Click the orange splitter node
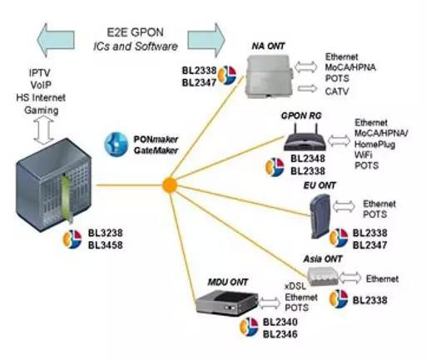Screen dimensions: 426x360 [170, 185]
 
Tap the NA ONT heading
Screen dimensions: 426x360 [268, 46]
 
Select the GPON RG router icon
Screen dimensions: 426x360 [305, 138]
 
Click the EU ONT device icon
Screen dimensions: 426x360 [319, 216]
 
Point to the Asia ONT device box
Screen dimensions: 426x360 [323, 276]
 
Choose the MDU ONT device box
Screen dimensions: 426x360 [226, 303]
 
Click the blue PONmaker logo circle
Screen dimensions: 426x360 [116, 144]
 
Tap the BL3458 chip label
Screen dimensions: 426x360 [106, 245]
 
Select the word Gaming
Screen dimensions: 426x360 [42, 111]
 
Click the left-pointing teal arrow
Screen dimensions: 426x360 [56, 40]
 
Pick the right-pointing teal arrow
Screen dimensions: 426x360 [206, 40]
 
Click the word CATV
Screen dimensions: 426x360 [337, 91]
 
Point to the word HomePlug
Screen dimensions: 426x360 [374, 145]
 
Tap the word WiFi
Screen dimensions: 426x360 [363, 155]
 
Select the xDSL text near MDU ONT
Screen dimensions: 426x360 [295, 286]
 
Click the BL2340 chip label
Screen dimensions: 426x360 [280, 322]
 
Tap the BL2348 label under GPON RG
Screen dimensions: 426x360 [308, 159]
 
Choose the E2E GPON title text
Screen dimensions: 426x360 [135, 32]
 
